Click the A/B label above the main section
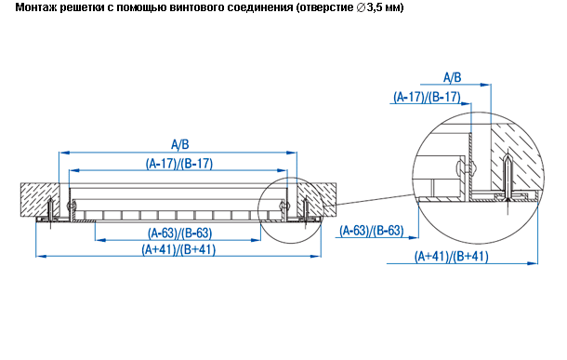click(179, 145)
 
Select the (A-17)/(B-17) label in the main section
click(179, 164)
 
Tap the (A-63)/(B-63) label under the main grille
click(179, 233)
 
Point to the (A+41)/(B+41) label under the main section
click(178, 249)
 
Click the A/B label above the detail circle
click(453, 77)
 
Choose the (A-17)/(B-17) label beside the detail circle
click(427, 97)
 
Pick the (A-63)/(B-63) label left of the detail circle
click(372, 231)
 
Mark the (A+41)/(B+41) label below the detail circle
click(452, 257)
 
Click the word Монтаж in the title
click(35, 7)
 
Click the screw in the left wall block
click(50, 209)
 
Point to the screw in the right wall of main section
click(306, 209)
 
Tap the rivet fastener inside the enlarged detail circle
click(465, 167)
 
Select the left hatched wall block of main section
click(40, 200)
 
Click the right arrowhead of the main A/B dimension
click(292, 153)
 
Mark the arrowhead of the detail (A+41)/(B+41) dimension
click(533, 263)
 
